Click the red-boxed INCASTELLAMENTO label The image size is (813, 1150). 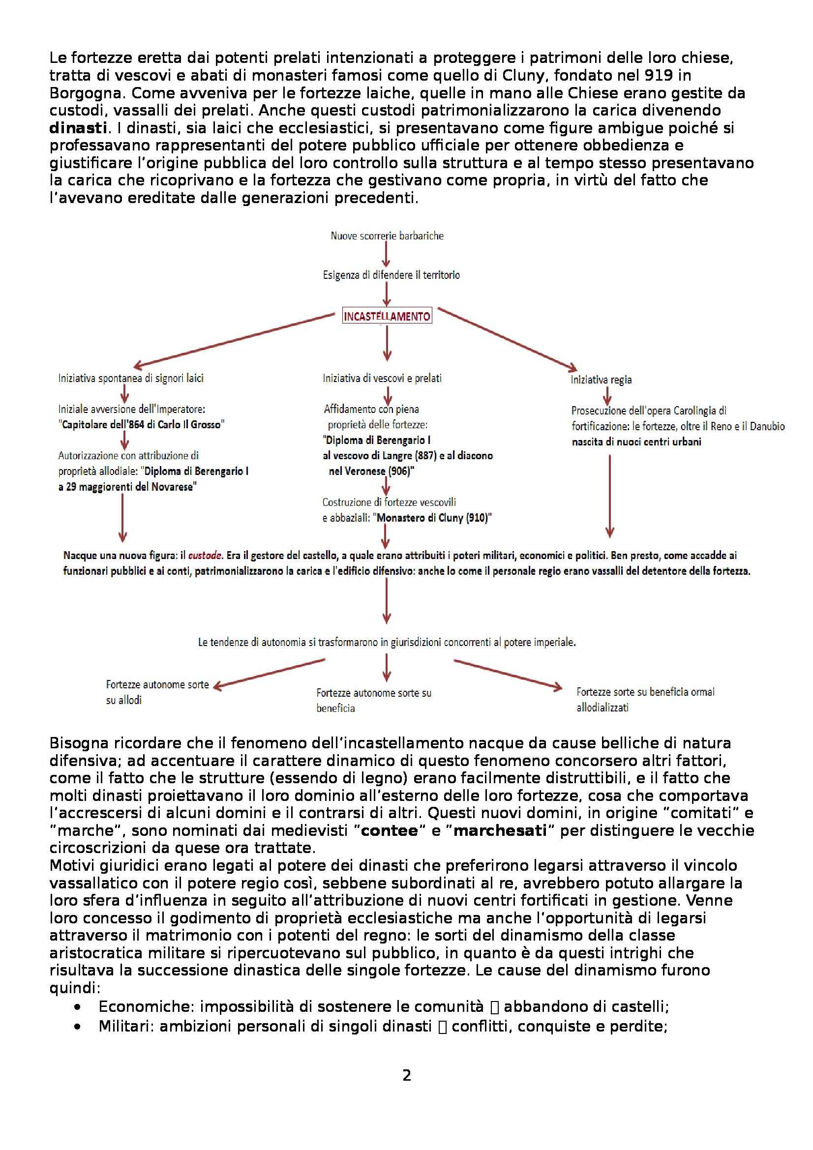pyautogui.click(x=387, y=316)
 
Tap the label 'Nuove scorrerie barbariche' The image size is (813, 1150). pyautogui.click(x=387, y=236)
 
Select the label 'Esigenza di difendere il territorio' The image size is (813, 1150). pyautogui.click(x=391, y=275)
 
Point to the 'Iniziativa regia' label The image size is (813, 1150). pyautogui.click(x=601, y=380)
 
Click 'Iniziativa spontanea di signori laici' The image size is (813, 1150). pyautogui.click(x=131, y=378)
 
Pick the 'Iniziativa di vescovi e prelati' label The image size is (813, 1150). pyautogui.click(x=382, y=378)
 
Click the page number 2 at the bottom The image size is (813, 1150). pyautogui.click(x=406, y=1075)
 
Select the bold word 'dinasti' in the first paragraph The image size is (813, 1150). pyautogui.click(x=78, y=128)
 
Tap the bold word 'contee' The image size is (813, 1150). pyautogui.click(x=389, y=830)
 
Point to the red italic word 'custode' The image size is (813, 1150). pyautogui.click(x=205, y=556)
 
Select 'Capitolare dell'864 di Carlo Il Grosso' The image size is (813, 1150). pyautogui.click(x=142, y=425)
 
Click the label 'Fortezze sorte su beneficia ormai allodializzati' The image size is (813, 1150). pyautogui.click(x=645, y=699)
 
